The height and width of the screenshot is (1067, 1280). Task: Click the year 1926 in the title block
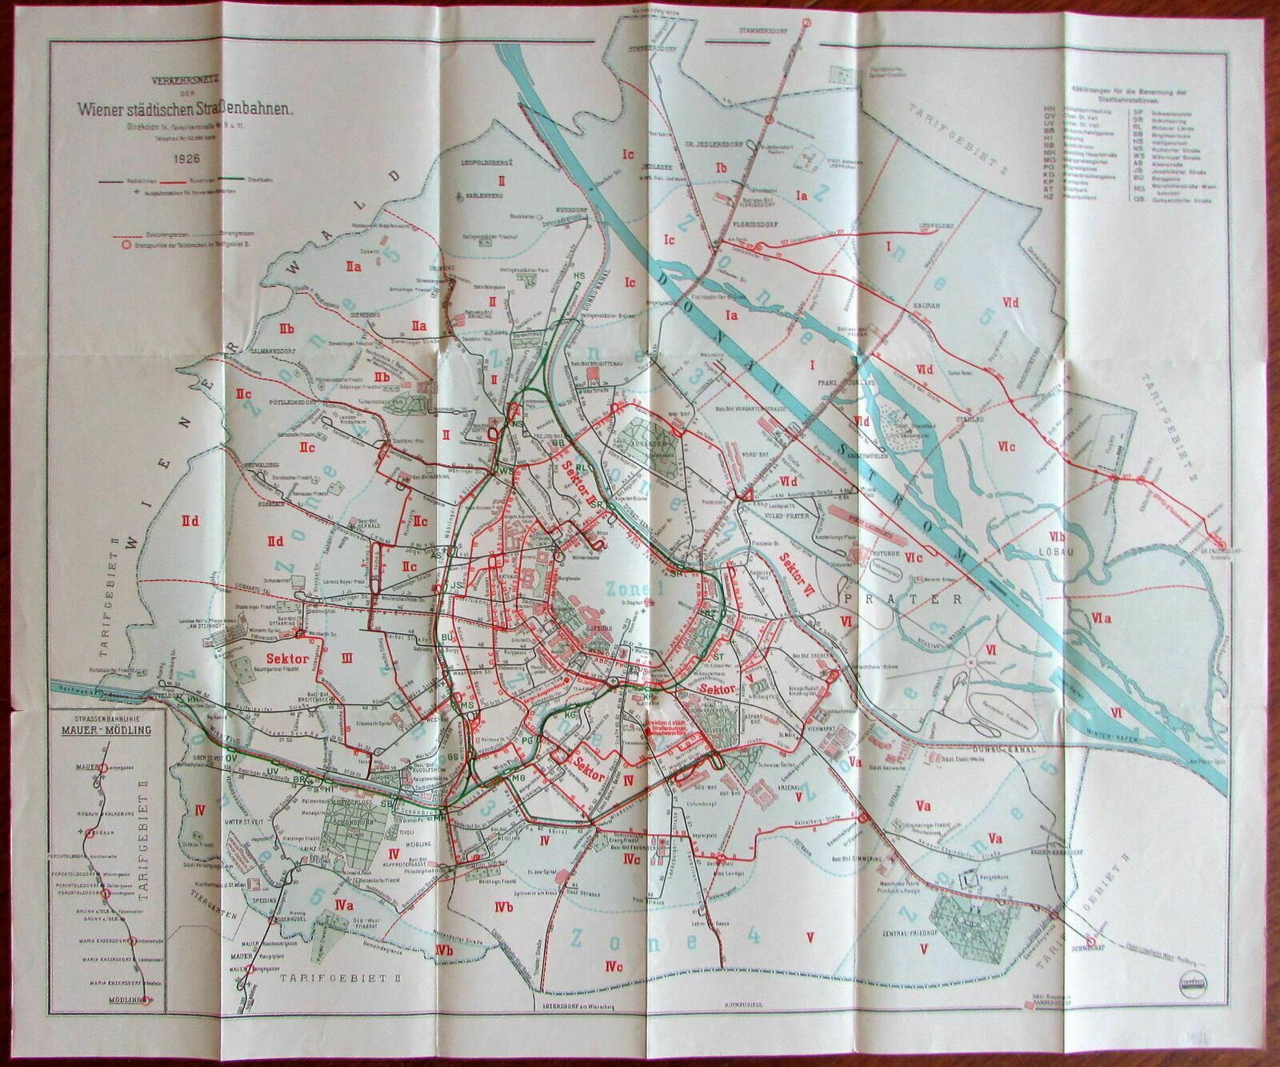pos(180,158)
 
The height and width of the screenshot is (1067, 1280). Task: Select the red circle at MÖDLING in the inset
pos(146,1000)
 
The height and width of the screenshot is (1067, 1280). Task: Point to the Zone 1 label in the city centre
pos(634,590)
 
